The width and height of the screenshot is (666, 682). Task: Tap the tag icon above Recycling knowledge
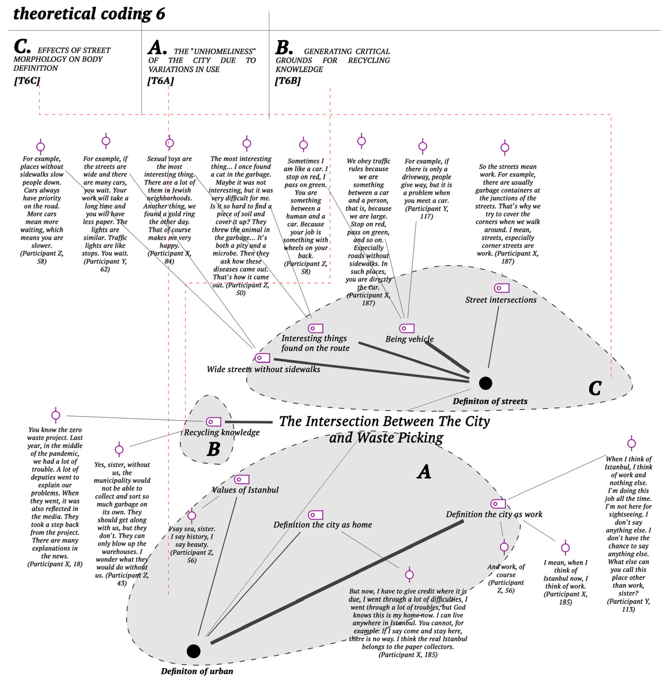coord(213,422)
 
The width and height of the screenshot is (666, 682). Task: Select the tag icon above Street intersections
coord(502,288)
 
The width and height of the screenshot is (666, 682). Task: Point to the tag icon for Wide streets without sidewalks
coord(262,358)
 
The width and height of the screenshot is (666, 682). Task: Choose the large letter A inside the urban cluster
coord(424,472)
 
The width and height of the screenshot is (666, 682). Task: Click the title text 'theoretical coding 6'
coord(89,14)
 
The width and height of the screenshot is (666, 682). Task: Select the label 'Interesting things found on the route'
coord(315,343)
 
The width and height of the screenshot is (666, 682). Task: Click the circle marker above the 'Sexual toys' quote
coord(169,143)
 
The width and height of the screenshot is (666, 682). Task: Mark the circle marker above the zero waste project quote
coord(56,415)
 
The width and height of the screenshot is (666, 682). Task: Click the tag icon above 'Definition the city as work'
coord(498,504)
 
